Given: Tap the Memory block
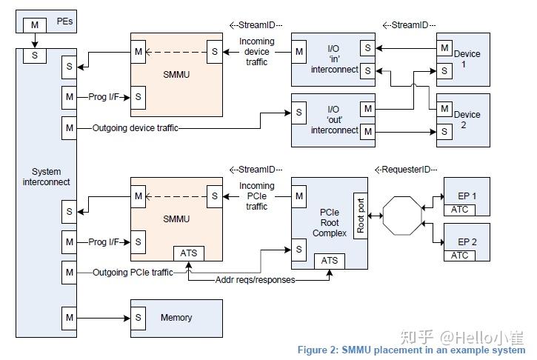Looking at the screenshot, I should pyautogui.click(x=176, y=318).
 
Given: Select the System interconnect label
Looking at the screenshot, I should pyautogui.click(x=46, y=177).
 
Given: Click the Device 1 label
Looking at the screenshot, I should pyautogui.click(x=467, y=59).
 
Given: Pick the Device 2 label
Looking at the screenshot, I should pyautogui.click(x=467, y=120).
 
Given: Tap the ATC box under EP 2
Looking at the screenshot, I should pyautogui.click(x=459, y=256).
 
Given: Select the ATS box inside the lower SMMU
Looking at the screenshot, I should pyautogui.click(x=188, y=253).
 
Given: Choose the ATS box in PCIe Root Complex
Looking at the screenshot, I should pyautogui.click(x=330, y=260).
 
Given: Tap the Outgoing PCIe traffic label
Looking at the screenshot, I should pyautogui.click(x=133, y=273).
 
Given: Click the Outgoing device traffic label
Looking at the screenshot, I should pyautogui.click(x=135, y=128).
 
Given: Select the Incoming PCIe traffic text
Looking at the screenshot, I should pyautogui.click(x=257, y=196).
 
